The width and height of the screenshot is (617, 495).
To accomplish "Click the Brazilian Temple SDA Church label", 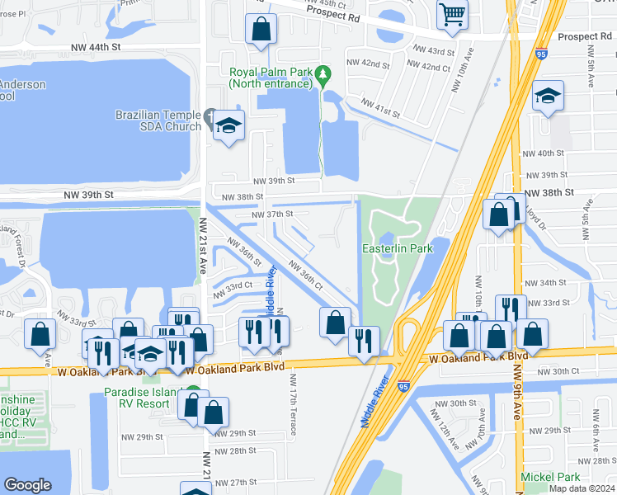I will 159,120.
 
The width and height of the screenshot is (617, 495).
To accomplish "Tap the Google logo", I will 27,485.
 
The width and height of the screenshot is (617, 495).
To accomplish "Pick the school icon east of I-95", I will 548,97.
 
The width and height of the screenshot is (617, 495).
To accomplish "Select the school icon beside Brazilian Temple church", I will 229,126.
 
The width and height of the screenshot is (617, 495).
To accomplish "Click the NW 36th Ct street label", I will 304,275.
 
